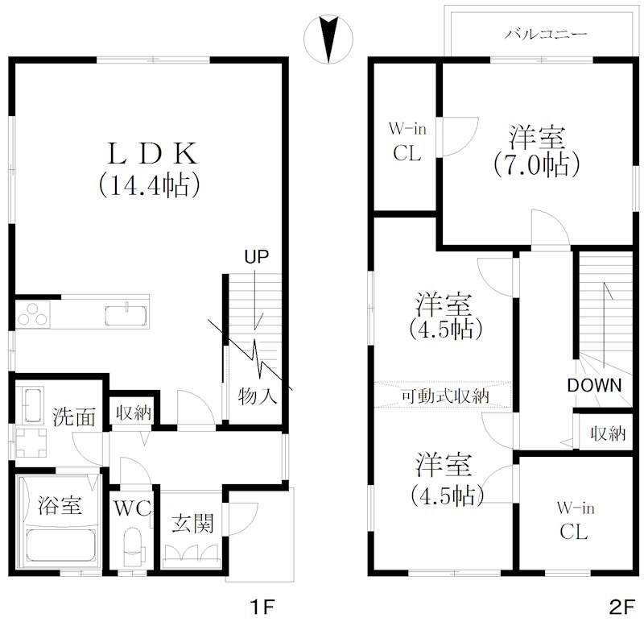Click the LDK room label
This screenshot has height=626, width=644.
pos(152,153)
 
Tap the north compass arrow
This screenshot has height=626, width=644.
pos(328,39)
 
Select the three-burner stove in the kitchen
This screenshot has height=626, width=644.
pos(33,314)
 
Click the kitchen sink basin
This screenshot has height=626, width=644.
pos(126,316)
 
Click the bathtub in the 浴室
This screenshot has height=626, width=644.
pos(61,545)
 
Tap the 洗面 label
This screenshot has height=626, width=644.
pos(74,417)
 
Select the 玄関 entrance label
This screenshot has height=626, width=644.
pos(192,523)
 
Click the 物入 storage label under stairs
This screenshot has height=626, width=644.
pos(257,396)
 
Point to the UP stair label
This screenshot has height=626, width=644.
pos(256,257)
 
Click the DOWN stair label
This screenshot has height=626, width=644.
pos(594,386)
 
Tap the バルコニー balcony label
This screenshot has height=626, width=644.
pos(546,34)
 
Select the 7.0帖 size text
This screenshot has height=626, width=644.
pos(537,165)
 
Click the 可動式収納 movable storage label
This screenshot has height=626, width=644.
pos(445,396)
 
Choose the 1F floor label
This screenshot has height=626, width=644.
pos(263,607)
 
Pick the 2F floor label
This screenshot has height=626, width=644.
pos(622,607)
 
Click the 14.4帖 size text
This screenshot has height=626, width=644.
pos(150,186)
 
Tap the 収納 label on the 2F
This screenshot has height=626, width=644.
pos(609,433)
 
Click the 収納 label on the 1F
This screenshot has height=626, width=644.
pos(134,412)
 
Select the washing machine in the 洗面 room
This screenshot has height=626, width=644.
pos(31,442)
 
